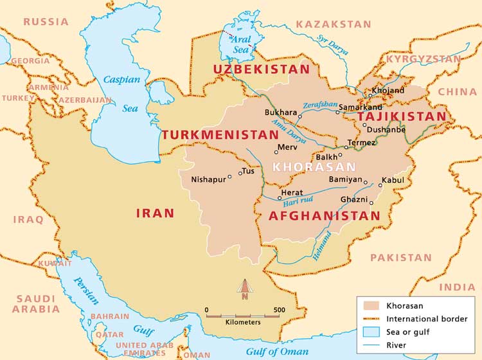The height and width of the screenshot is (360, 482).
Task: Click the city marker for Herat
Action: (x=279, y=198)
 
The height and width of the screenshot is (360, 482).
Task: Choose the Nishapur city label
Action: (x=208, y=179)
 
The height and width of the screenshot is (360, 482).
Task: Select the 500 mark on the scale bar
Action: (x=279, y=310)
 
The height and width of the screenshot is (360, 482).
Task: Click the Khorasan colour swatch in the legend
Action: (x=371, y=306)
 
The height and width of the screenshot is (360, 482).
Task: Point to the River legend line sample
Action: (x=371, y=345)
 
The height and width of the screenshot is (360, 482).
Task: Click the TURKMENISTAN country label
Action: (x=219, y=135)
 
